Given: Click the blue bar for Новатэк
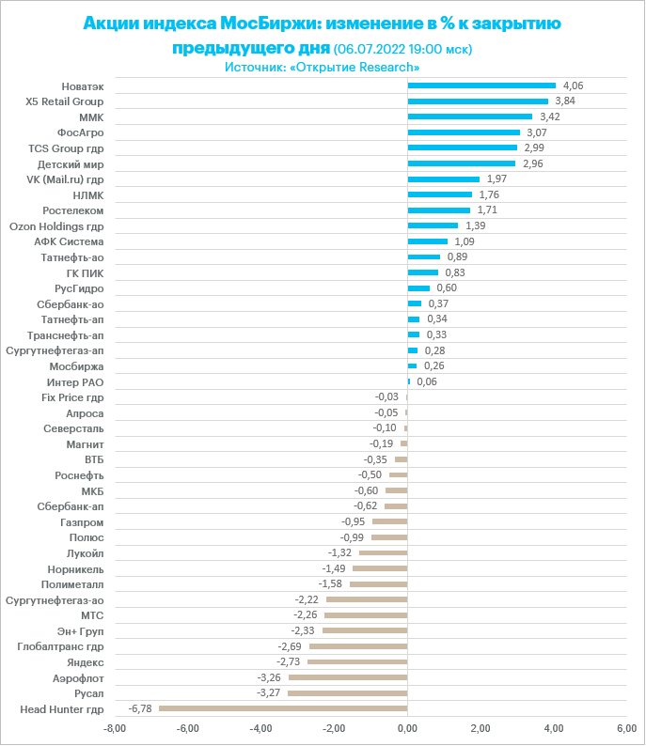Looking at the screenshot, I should [481, 85].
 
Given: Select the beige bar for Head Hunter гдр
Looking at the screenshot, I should [283, 708].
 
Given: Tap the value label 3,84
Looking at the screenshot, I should [565, 101].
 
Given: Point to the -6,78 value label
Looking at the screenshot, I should [140, 708].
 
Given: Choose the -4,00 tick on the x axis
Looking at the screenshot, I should [260, 728].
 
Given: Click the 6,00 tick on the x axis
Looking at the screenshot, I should [626, 728].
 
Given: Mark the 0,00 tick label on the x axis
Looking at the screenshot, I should [407, 728].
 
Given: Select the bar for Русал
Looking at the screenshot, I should [348, 693].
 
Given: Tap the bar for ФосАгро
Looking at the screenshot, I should [464, 132].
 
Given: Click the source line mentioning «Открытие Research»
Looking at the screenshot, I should [323, 68].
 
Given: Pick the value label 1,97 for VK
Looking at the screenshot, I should [497, 179].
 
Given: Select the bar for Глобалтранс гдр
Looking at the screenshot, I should [358, 646].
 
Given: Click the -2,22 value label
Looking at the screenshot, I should [307, 599].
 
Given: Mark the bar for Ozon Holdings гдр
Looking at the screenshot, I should [433, 225].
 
